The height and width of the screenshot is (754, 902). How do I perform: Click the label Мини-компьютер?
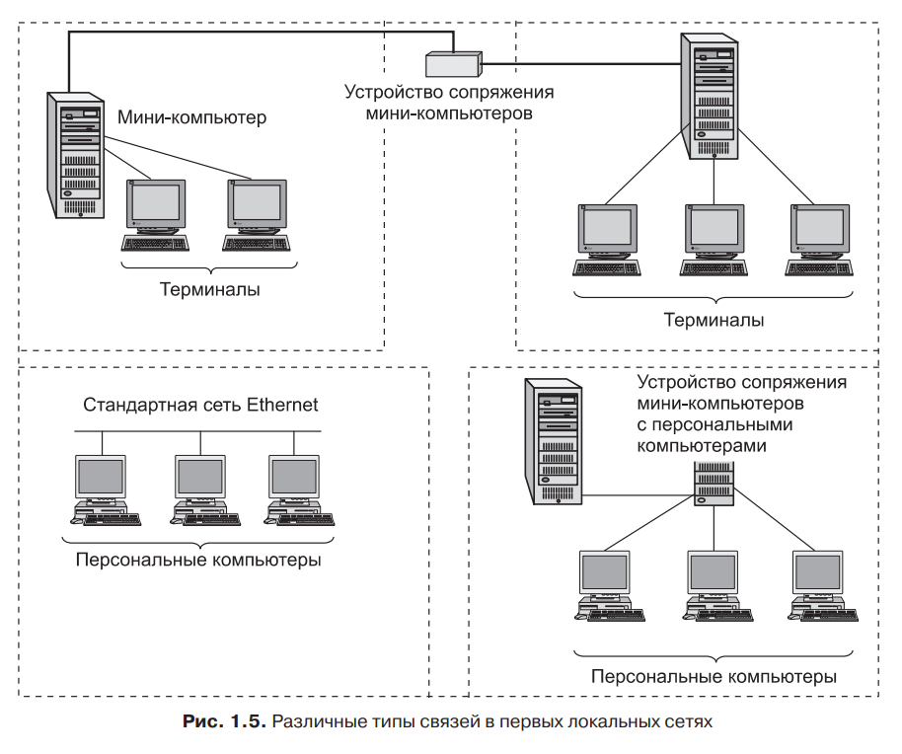tap(192, 117)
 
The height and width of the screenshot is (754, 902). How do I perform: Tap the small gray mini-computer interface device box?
tap(453, 64)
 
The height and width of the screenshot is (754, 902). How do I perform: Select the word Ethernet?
tap(282, 405)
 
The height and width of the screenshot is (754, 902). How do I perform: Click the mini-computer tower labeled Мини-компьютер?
tap(75, 155)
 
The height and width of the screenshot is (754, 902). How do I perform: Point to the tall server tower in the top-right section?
tap(710, 96)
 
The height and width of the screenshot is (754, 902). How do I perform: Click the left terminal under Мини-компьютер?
tap(155, 215)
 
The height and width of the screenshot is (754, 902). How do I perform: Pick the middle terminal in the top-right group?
tap(714, 240)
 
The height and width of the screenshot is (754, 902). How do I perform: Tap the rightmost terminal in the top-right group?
tap(820, 240)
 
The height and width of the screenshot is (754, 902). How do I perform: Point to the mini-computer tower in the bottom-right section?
tap(553, 442)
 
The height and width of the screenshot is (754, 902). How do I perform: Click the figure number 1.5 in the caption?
tap(248, 721)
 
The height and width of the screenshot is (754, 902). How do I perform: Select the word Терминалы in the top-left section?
tap(209, 289)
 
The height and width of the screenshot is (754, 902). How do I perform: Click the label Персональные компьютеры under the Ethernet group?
tap(198, 560)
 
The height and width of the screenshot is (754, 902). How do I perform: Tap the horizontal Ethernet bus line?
tap(197, 431)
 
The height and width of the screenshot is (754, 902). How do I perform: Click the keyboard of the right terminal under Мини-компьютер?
tap(257, 244)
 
